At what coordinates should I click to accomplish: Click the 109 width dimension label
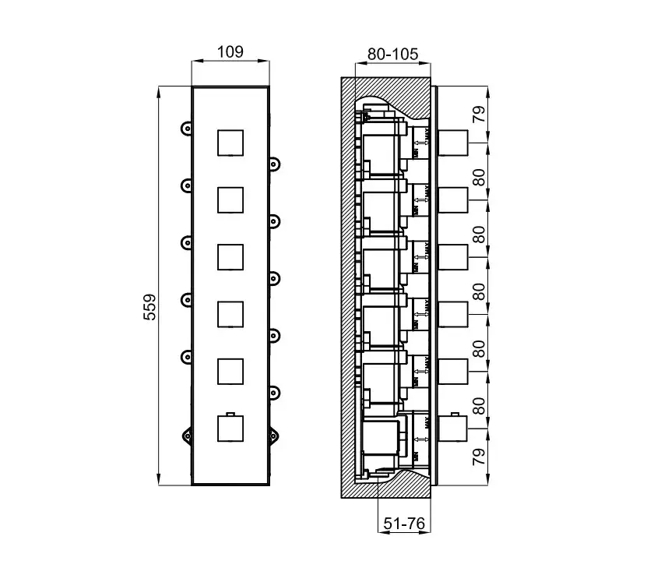pyautogui.click(x=230, y=52)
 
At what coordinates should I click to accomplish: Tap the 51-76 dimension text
pyautogui.click(x=403, y=524)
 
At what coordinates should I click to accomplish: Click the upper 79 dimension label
pyautogui.click(x=479, y=115)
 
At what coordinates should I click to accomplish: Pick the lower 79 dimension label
pyautogui.click(x=479, y=453)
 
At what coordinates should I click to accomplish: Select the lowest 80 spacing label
pyautogui.click(x=479, y=405)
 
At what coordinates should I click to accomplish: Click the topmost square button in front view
pyautogui.click(x=230, y=143)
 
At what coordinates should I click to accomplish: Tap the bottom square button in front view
pyautogui.click(x=230, y=428)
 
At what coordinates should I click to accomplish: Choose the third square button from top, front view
pyautogui.click(x=230, y=256)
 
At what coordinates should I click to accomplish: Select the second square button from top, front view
pyautogui.click(x=230, y=199)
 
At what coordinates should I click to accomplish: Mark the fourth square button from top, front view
pyautogui.click(x=230, y=313)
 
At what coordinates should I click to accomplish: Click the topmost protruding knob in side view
pyautogui.click(x=454, y=143)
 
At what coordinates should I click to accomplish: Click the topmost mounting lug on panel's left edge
pyautogui.click(x=185, y=128)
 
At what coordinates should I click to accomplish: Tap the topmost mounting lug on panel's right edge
pyautogui.click(x=274, y=164)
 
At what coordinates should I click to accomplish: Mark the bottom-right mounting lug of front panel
pyautogui.click(x=274, y=434)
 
